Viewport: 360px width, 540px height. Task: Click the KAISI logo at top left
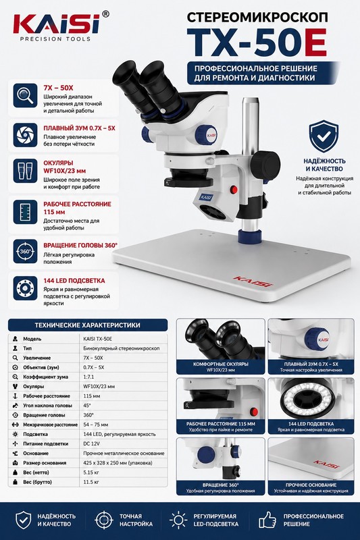[56, 25]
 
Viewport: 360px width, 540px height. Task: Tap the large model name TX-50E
[257, 43]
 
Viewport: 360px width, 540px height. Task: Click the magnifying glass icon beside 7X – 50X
[25, 95]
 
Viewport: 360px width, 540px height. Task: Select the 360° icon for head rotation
[25, 251]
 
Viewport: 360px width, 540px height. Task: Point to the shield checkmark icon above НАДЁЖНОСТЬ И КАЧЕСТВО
[323, 136]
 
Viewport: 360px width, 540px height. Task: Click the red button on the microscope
[234, 189]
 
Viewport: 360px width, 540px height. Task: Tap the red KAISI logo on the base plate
[253, 281]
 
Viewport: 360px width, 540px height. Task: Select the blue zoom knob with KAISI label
[207, 134]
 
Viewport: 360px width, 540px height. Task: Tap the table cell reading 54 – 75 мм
[95, 425]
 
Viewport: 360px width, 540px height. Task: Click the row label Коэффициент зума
[45, 377]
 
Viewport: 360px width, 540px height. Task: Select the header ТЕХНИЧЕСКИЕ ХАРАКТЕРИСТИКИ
[88, 325]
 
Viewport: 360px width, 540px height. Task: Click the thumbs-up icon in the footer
[267, 520]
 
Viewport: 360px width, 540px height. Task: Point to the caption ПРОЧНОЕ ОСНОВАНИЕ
[311, 485]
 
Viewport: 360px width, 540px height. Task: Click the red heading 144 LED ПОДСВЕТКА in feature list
[74, 281]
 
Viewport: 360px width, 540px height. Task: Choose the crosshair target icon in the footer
[104, 520]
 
